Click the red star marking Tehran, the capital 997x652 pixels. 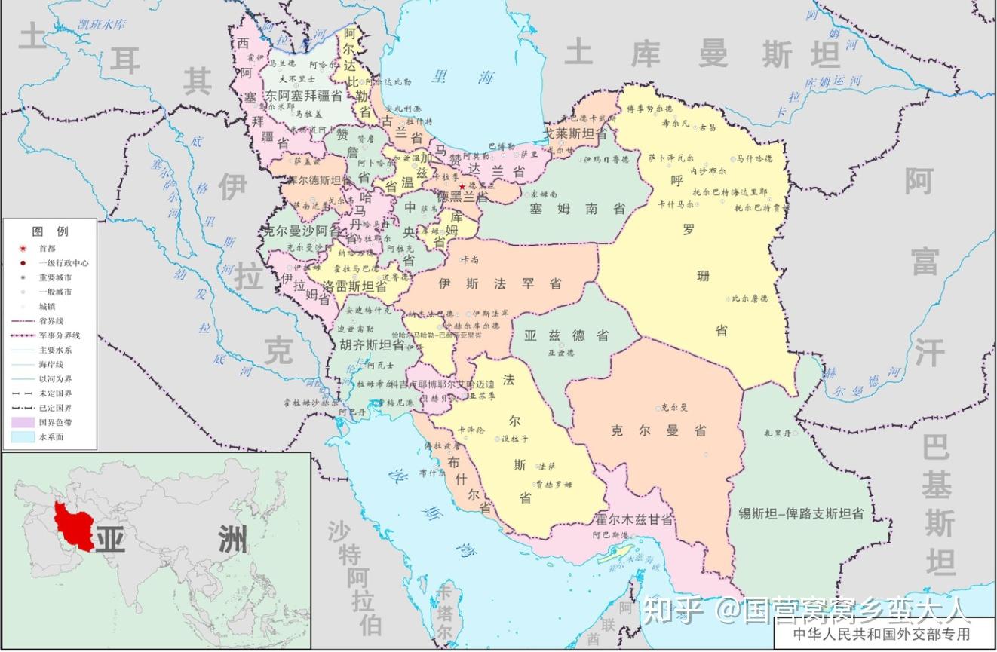(x=462, y=186)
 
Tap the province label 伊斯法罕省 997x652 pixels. (x=500, y=284)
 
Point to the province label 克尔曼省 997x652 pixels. (x=658, y=431)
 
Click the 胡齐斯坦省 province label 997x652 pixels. (x=372, y=344)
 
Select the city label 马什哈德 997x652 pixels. (x=755, y=159)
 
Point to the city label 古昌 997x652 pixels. (x=707, y=128)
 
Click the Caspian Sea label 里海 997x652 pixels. (x=464, y=76)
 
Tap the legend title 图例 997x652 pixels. (x=50, y=231)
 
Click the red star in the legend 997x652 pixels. (x=23, y=248)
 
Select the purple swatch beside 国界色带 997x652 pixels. (x=23, y=423)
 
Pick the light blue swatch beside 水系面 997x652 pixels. (x=23, y=437)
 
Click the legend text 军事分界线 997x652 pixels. (x=60, y=335)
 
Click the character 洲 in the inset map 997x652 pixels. (x=228, y=540)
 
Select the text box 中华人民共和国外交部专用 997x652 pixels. (x=881, y=634)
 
